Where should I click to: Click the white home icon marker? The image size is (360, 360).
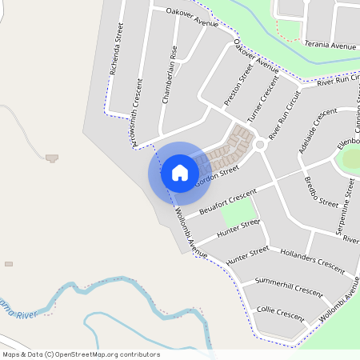tap(180, 172)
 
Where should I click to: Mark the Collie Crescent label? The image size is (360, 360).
tap(281, 313)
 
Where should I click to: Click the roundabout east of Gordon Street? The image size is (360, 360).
tap(259, 145)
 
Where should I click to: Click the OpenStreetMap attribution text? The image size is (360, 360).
tap(81, 354)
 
